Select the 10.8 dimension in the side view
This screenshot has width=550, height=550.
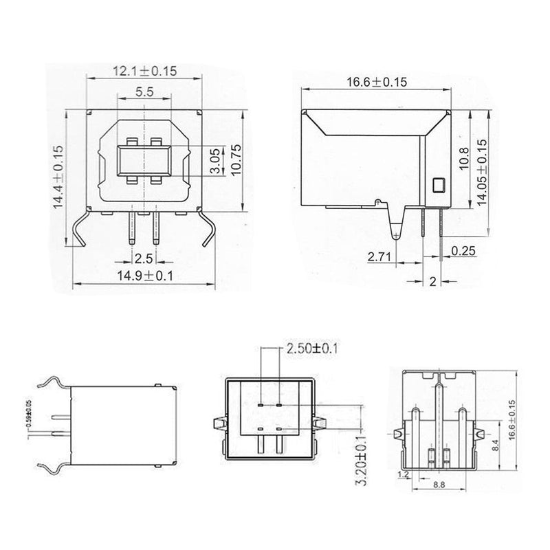[463, 160]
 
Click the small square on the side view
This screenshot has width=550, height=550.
[438, 184]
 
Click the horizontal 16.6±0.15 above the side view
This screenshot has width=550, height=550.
[377, 82]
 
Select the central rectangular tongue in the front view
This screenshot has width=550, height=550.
[143, 163]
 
